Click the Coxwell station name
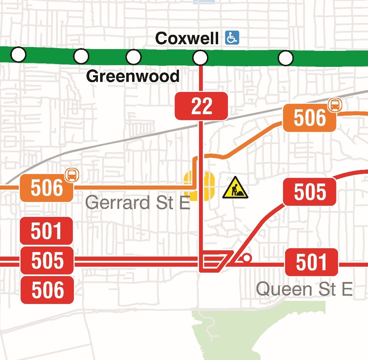pyautogui.click(x=187, y=38)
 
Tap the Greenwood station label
pyautogui.click(x=133, y=76)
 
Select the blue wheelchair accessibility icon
pyautogui.click(x=232, y=38)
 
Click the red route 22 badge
pyautogui.click(x=201, y=106)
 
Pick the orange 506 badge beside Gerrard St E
pyautogui.click(x=47, y=188)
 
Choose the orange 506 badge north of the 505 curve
pyautogui.click(x=309, y=118)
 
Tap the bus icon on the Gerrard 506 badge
pyautogui.click(x=72, y=174)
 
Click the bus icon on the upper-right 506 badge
pyautogui.click(x=335, y=104)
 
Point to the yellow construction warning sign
pyautogui.click(x=235, y=188)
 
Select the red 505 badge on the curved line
pyautogui.click(x=309, y=192)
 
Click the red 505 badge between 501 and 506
pyautogui.click(x=47, y=260)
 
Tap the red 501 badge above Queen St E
pyautogui.click(x=312, y=262)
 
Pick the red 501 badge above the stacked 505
pyautogui.click(x=47, y=231)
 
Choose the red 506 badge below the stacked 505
pyautogui.click(x=47, y=290)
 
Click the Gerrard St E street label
pyautogui.click(x=137, y=202)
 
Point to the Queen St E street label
pyautogui.click(x=304, y=289)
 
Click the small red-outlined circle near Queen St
pyautogui.click(x=247, y=258)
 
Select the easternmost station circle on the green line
pyautogui.click(x=285, y=58)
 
